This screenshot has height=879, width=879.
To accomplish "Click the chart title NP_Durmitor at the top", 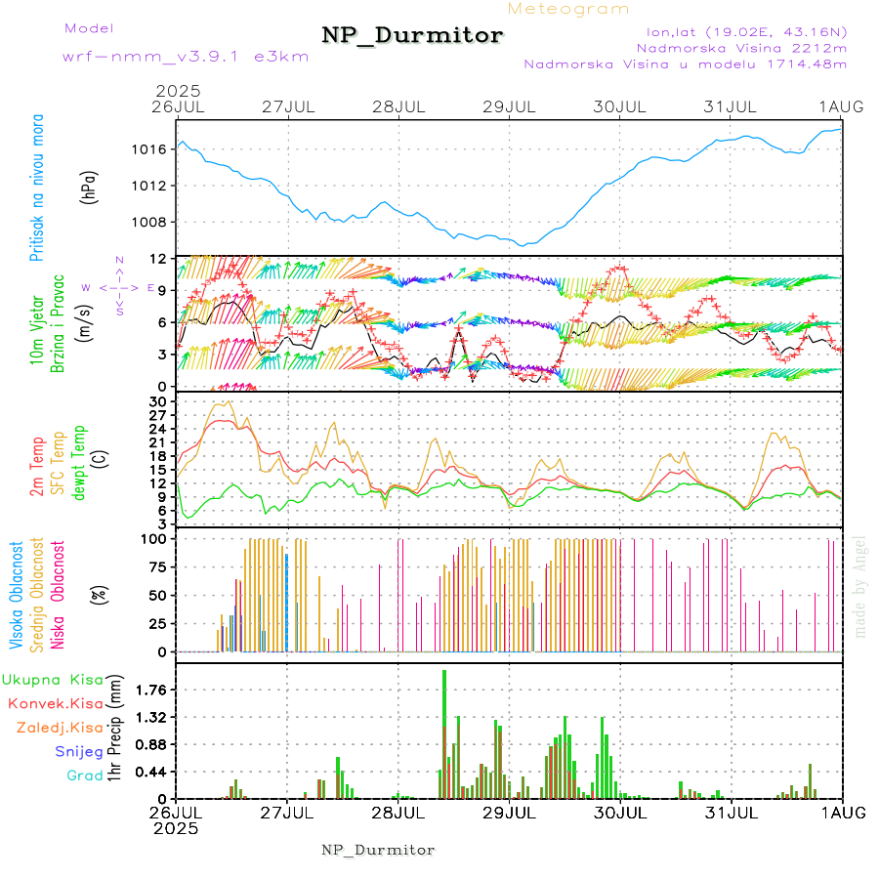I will (412, 36).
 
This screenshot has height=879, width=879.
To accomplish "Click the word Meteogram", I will (568, 9).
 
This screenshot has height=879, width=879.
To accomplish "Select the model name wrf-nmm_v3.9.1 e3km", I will (186, 56).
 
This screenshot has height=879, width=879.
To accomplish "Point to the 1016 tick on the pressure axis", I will (149, 149).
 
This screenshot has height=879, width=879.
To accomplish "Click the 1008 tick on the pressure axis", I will (149, 222).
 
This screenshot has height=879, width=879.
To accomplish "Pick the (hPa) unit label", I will (89, 186).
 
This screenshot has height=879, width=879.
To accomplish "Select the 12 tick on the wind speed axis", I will (156, 258).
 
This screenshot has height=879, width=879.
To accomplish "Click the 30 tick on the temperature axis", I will (157, 401).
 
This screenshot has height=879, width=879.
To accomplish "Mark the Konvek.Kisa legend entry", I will (55, 703).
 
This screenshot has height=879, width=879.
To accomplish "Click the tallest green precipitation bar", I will (444, 732).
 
